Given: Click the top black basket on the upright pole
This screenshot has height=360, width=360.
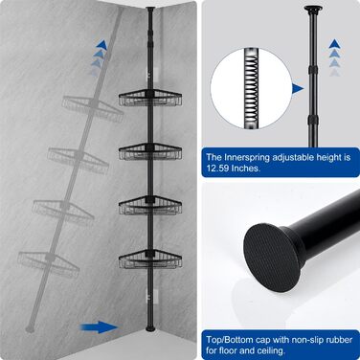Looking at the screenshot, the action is tap(150, 98).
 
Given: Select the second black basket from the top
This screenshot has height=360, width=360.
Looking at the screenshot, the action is tap(150, 151).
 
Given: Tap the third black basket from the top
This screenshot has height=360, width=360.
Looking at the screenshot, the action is tap(150, 205).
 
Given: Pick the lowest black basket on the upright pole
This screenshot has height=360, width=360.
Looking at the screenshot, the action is tap(150, 259).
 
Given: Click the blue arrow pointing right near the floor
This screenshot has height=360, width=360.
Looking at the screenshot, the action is tap(100, 326).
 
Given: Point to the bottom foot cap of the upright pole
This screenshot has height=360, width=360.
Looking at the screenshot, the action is tap(149, 328).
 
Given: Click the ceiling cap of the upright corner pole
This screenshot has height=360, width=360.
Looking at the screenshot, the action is tap(149, 8).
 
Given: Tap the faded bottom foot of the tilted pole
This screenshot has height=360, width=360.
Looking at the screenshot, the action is tap(30, 328).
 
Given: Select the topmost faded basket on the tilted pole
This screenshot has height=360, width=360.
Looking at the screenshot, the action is tap(93, 105).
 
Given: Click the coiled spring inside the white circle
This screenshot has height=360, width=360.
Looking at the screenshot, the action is tap(251, 88).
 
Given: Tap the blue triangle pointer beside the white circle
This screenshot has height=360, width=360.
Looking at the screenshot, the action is tap(298, 89).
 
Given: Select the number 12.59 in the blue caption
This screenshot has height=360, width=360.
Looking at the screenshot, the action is tap(217, 169).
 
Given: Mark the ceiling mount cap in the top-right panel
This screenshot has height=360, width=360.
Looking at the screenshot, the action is tap(312, 9).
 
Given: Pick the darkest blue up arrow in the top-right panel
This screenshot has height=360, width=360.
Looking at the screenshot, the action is tap(334, 44).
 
